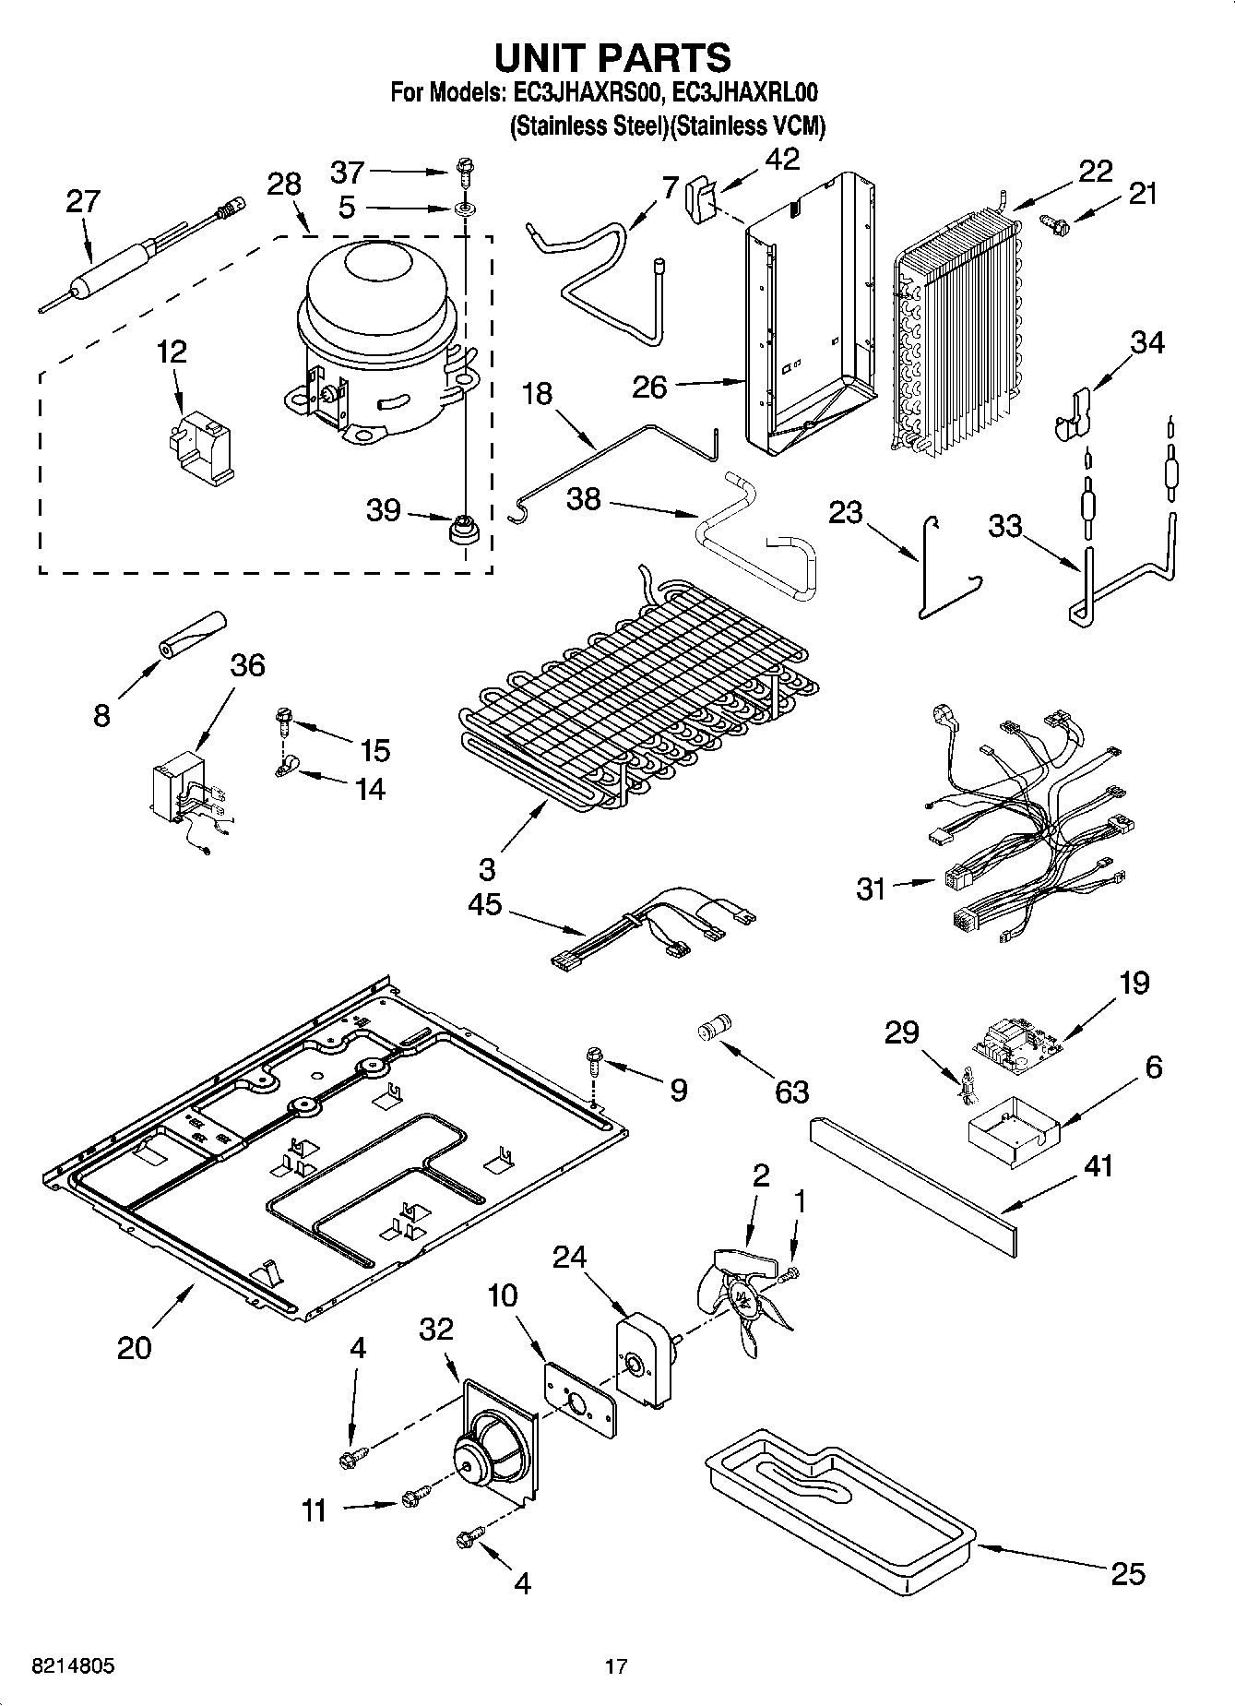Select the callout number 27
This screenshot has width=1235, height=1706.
coord(83,202)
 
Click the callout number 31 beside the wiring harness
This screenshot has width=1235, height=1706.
coord(871,889)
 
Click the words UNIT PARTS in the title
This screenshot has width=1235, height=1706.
coord(612,58)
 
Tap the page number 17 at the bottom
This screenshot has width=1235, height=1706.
coord(616,1666)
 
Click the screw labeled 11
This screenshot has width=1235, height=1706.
coord(416,1497)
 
